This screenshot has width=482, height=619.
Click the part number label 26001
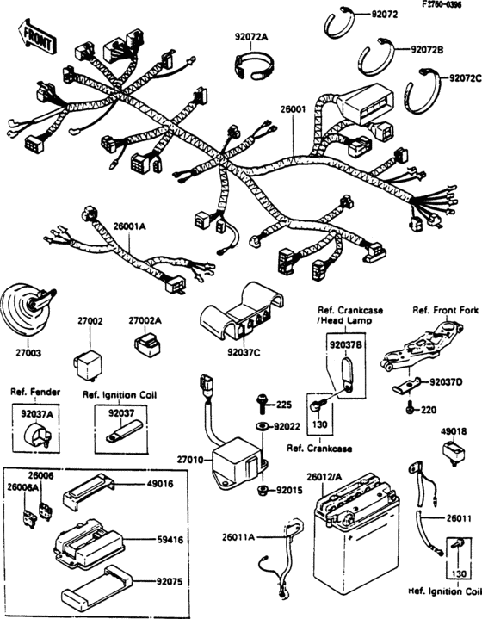[293, 109]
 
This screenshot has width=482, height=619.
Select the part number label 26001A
[130, 226]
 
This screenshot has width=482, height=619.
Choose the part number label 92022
[287, 426]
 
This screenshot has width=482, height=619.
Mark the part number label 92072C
[465, 78]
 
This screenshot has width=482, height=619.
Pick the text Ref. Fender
[32, 395]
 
